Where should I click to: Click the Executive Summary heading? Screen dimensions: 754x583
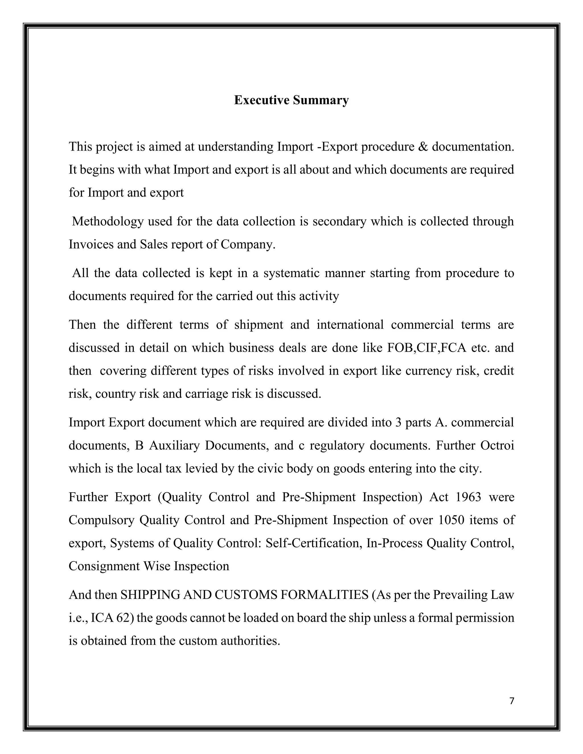291,100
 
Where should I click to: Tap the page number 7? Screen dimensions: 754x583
512,701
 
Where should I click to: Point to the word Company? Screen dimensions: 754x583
248,244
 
